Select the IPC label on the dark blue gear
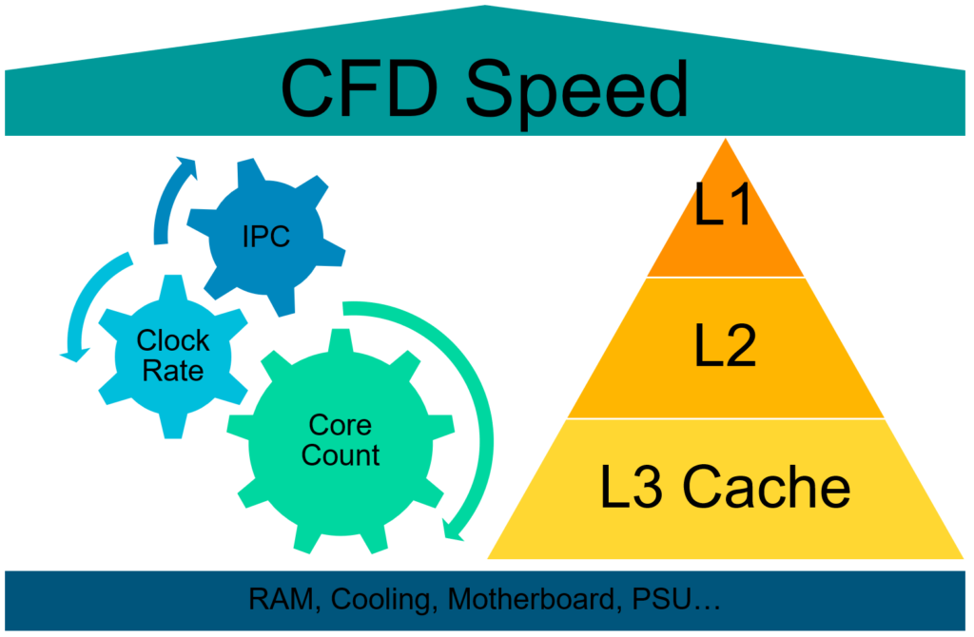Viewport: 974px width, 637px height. point(266,237)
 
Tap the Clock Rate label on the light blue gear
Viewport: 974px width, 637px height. point(172,356)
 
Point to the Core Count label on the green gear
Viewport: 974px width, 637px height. point(340,440)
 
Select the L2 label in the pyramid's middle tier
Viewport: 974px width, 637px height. point(725,348)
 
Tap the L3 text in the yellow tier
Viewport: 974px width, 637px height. point(633,487)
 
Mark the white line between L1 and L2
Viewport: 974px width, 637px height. point(726,277)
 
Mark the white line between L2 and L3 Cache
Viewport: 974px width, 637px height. point(726,418)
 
